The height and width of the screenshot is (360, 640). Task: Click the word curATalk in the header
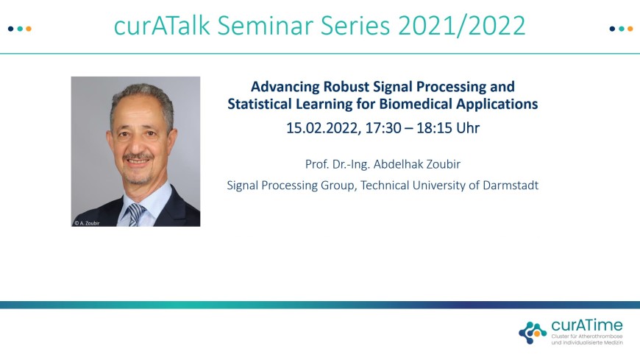pos(162,25)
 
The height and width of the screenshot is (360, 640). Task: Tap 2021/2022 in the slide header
pos(462,25)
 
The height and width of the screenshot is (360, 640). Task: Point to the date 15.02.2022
pos(323,128)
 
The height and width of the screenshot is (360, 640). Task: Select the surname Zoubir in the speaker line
pos(444,164)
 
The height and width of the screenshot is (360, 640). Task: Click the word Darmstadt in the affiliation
pos(511,185)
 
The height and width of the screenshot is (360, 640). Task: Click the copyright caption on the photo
pos(87,223)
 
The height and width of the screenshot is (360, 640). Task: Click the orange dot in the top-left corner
pos(29,29)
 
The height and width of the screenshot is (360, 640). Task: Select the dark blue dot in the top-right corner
pos(612,29)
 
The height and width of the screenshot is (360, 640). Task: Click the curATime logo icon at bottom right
pos(533,333)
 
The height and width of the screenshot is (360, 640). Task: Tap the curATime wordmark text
pos(587,325)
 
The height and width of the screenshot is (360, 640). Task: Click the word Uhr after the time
pos(468,128)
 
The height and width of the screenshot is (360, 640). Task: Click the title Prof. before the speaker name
pos(317,164)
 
